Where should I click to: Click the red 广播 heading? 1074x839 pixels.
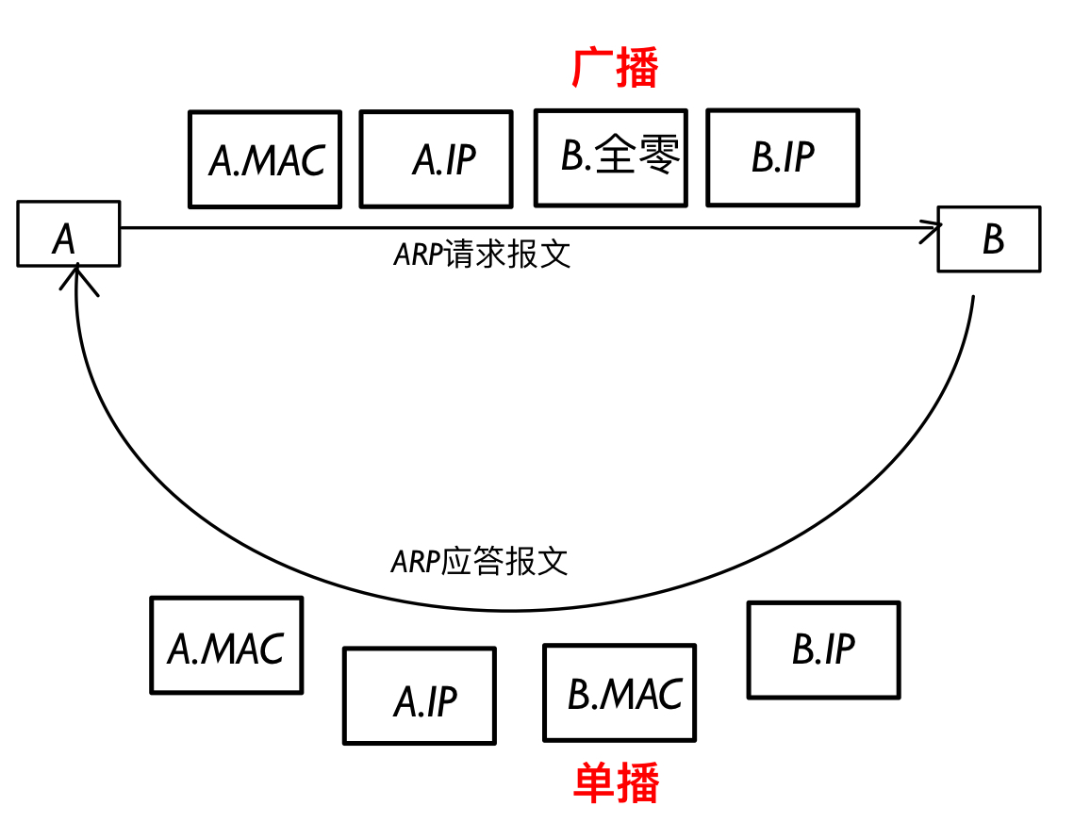[615, 68]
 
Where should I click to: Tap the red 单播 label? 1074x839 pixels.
[616, 782]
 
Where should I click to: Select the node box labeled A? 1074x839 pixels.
[69, 233]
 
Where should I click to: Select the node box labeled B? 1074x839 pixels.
[988, 239]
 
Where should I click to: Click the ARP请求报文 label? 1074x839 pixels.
[482, 255]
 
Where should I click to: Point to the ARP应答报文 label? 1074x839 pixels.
[480, 562]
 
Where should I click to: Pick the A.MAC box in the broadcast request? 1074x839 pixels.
[265, 159]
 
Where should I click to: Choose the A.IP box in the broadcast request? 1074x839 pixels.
[437, 159]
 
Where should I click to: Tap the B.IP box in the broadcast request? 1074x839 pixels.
[783, 156]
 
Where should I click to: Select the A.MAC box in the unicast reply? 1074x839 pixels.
[226, 646]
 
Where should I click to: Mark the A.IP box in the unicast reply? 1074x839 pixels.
[420, 696]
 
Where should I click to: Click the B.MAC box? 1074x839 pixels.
[620, 693]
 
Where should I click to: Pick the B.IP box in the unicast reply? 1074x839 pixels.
[823, 650]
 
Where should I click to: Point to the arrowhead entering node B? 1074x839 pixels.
[934, 227]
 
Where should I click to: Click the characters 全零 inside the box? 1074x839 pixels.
[638, 156]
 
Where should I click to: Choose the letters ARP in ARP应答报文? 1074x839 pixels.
[415, 562]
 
